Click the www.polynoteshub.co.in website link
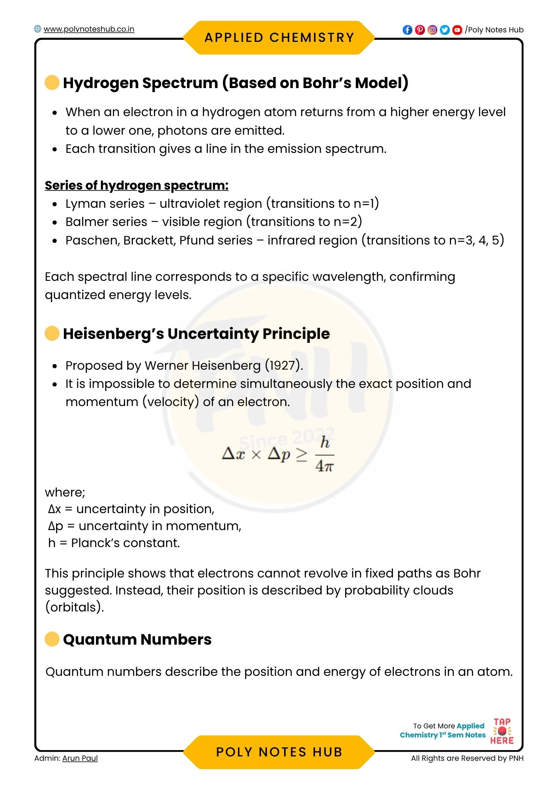[88, 29]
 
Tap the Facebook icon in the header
[407, 30]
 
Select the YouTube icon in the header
[457, 30]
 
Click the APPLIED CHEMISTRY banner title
[279, 38]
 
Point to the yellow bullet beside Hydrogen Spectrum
[52, 83]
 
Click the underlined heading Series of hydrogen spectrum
[137, 185]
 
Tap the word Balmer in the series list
[83, 222]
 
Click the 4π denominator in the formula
[324, 466]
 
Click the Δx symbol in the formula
[234, 454]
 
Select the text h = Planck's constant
[114, 543]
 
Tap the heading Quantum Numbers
[137, 640]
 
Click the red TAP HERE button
[502, 731]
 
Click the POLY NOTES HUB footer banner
[279, 752]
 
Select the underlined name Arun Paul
[80, 758]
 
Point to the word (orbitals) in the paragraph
[74, 607]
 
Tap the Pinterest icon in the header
[420, 30]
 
